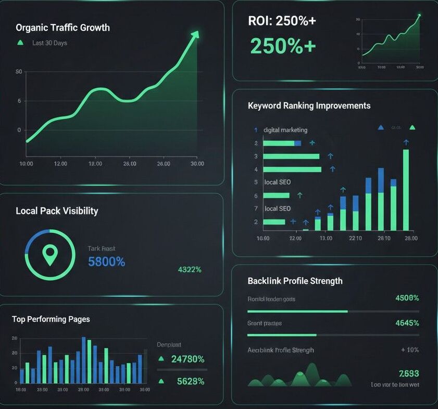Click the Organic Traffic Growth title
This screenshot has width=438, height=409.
(x=62, y=28)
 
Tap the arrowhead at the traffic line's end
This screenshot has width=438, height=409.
(x=195, y=34)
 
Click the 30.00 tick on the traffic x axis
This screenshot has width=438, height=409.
(x=197, y=164)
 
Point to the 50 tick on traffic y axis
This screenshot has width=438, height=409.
(x=19, y=71)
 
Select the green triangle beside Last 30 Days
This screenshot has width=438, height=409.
(x=20, y=43)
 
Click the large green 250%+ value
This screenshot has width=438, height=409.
(x=283, y=46)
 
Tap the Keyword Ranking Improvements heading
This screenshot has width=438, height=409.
(x=309, y=105)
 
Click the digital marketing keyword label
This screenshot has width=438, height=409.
(x=285, y=130)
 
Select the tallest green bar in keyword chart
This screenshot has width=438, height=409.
(x=406, y=190)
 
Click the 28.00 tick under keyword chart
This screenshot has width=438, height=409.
(x=410, y=238)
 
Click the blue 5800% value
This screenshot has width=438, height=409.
(x=106, y=262)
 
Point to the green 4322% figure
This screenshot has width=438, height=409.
(x=190, y=270)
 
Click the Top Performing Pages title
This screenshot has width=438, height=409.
(x=51, y=319)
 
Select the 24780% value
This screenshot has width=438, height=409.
(x=187, y=359)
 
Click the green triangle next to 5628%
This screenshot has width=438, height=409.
(x=161, y=381)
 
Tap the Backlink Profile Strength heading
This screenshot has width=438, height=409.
(x=295, y=281)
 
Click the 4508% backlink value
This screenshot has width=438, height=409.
(x=407, y=298)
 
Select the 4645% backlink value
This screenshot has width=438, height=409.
(x=407, y=323)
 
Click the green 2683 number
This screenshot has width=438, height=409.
(x=409, y=374)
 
